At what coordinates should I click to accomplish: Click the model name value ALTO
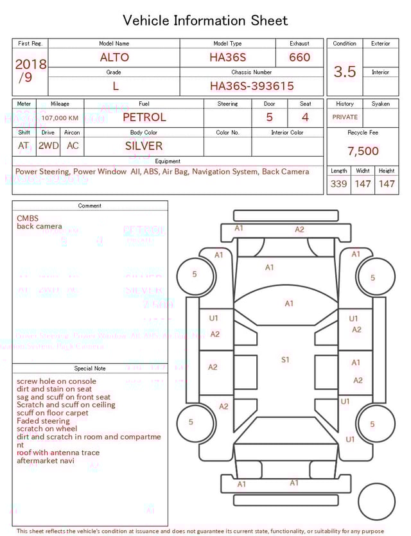(x=114, y=57)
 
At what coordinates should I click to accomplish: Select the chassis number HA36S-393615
(x=252, y=86)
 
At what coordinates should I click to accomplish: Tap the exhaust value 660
(x=299, y=57)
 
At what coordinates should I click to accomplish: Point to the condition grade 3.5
(x=345, y=71)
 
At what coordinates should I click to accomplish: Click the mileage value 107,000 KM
(x=60, y=118)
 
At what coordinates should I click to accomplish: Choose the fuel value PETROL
(x=144, y=117)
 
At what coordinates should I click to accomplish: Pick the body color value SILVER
(x=144, y=146)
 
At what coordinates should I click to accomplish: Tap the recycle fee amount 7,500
(x=363, y=151)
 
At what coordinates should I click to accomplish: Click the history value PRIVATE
(x=345, y=117)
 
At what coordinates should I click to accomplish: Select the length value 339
(x=338, y=184)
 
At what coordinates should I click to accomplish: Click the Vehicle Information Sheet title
(x=205, y=21)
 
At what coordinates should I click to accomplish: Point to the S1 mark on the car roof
(x=285, y=360)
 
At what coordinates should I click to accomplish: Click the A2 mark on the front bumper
(x=299, y=230)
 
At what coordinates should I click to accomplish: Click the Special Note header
(x=90, y=368)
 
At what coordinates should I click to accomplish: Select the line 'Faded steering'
(x=43, y=421)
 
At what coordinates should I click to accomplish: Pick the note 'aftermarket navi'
(x=45, y=461)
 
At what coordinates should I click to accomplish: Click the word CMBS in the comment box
(x=28, y=218)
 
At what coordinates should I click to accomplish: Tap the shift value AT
(x=24, y=146)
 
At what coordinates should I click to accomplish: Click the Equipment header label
(x=168, y=161)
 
